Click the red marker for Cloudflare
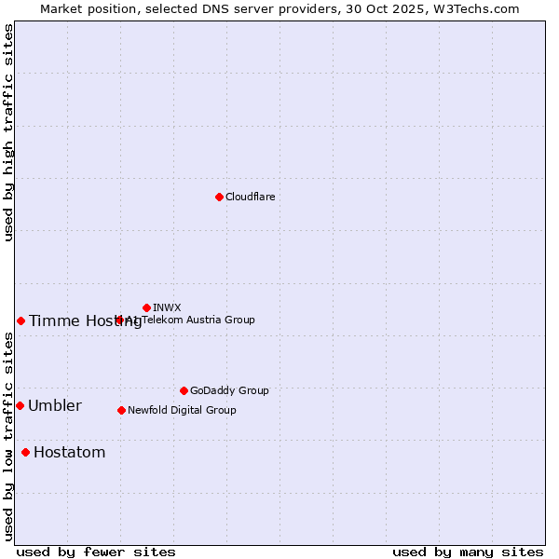pyautogui.click(x=219, y=197)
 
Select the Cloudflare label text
pyautogui.click(x=250, y=197)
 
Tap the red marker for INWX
pyautogui.click(x=146, y=307)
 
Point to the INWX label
pyautogui.click(x=167, y=307)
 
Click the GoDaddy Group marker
pyautogui.click(x=184, y=390)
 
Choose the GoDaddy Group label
pyautogui.click(x=229, y=390)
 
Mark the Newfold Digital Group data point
pyautogui.click(x=121, y=410)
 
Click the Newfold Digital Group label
pyautogui.click(x=182, y=410)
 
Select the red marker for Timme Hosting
pyautogui.click(x=20, y=320)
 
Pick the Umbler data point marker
pyautogui.click(x=20, y=405)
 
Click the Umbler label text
pyautogui.click(x=54, y=405)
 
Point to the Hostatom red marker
pyautogui.click(x=25, y=452)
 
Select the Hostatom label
pyautogui.click(x=69, y=452)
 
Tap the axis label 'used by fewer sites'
pyautogui.click(x=96, y=552)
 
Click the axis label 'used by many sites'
pyautogui.click(x=468, y=552)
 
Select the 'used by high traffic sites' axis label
pyautogui.click(x=8, y=132)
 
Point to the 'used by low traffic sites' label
pyautogui.click(x=8, y=436)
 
